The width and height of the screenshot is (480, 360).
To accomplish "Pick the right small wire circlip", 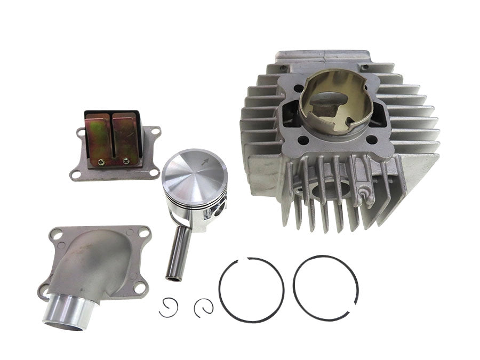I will tap(204, 307).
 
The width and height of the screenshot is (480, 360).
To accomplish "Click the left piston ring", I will tap(251, 290).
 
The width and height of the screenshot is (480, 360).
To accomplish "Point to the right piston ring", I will tap(325, 288).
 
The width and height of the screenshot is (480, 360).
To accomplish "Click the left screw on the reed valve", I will tap(99, 161).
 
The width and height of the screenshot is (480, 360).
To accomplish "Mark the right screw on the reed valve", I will tap(126, 161).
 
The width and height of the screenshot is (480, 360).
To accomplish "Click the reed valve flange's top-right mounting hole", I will tap(155, 131).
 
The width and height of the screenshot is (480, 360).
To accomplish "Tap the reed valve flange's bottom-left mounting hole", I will tap(76, 173).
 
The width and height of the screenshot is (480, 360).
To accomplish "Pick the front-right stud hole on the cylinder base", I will tap(372, 140).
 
